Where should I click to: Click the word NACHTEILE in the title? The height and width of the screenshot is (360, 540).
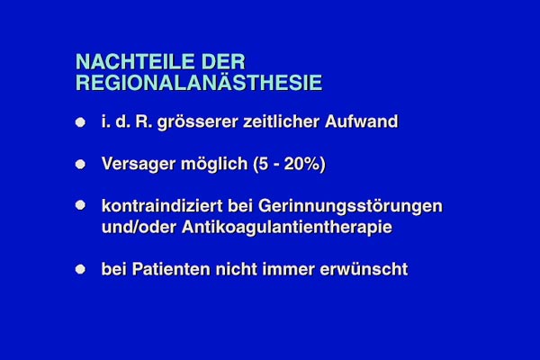tap(135, 62)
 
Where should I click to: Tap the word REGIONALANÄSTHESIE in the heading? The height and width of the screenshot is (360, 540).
tap(199, 83)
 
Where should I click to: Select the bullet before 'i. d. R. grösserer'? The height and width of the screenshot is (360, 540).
tap(80, 122)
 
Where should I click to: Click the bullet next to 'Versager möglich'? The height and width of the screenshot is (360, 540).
tap(80, 165)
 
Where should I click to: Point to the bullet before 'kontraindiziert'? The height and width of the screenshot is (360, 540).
tap(80, 205)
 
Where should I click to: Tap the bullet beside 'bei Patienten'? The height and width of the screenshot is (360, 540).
tap(80, 269)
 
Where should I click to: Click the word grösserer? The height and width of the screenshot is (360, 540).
tap(198, 122)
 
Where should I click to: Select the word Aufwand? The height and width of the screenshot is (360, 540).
tap(361, 121)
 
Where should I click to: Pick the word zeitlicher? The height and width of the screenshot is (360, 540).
tap(282, 121)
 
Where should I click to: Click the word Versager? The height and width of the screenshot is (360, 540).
tap(139, 165)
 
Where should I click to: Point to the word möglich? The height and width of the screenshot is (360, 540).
tap(214, 165)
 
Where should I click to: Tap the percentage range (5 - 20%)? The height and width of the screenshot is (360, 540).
tap(289, 165)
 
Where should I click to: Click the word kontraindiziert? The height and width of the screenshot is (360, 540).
tap(162, 206)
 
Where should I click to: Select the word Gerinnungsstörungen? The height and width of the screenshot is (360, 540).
tap(350, 207)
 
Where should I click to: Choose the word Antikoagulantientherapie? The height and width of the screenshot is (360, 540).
tap(287, 228)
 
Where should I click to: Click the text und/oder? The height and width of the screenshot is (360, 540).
tap(139, 227)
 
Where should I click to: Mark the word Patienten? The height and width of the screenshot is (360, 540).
tap(171, 269)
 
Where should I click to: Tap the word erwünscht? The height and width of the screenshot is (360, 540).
tap(364, 269)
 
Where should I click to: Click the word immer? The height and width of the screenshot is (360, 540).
tap(288, 269)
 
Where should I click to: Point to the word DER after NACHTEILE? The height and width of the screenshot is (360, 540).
tap(223, 62)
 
